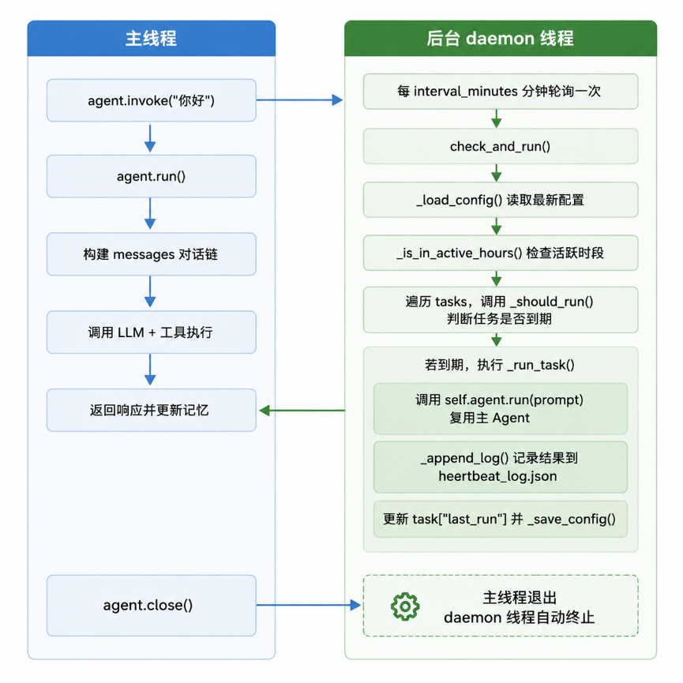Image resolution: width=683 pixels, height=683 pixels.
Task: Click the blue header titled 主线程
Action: [151, 39]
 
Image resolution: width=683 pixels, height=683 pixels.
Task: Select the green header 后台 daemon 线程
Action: [501, 39]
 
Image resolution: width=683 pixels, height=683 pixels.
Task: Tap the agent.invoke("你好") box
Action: [151, 100]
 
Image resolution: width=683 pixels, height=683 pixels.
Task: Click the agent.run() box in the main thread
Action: [151, 176]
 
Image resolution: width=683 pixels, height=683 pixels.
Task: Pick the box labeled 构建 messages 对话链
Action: [151, 254]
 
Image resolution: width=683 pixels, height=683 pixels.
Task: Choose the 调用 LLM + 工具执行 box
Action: [151, 332]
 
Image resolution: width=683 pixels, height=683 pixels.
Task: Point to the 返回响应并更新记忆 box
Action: [151, 411]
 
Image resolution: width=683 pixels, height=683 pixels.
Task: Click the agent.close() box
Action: [151, 606]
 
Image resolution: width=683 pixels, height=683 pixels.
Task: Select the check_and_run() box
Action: [501, 146]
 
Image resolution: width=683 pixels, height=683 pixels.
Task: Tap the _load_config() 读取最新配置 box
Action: [501, 200]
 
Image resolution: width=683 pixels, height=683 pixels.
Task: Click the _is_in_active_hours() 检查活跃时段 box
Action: [501, 253]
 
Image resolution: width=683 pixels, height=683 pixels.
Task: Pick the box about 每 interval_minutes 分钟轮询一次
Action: [501, 92]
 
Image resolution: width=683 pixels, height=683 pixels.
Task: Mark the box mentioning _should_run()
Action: [501, 310]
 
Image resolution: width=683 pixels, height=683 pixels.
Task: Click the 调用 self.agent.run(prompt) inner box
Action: [501, 409]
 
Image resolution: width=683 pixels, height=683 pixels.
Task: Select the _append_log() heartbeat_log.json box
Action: [501, 467]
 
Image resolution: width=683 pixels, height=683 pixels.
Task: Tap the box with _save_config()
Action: [501, 520]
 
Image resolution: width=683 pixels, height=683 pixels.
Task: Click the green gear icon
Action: [405, 606]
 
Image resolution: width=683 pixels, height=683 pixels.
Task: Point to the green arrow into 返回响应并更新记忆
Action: [302, 411]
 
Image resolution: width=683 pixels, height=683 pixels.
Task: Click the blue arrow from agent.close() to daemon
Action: [309, 605]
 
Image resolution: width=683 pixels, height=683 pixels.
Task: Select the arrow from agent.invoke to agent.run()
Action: [150, 138]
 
